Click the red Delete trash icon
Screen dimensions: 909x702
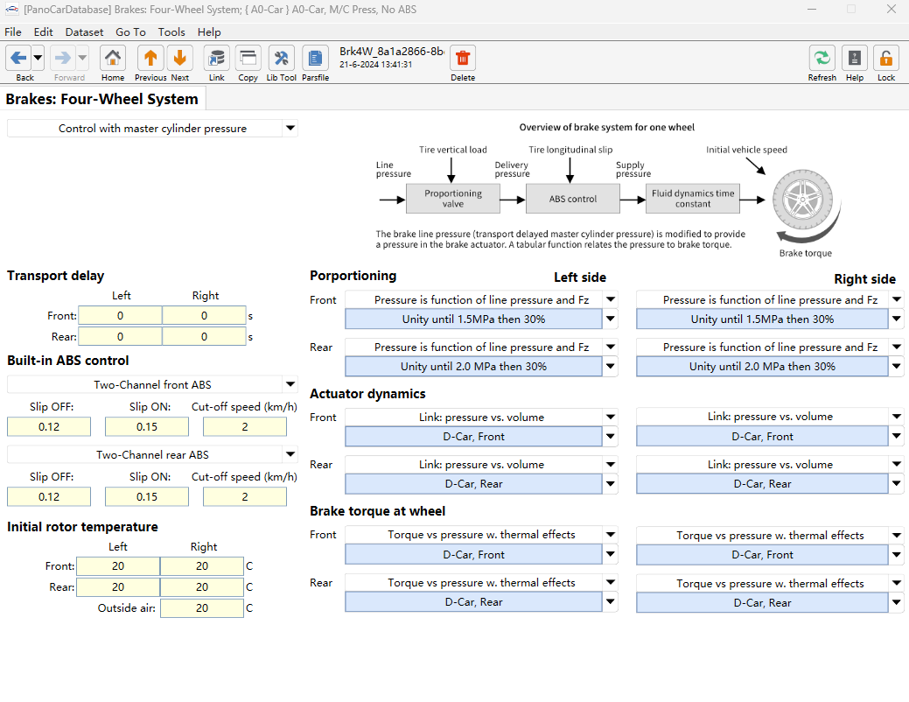(463, 58)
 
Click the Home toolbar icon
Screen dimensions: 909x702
(113, 58)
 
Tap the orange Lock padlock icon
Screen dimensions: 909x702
(885, 58)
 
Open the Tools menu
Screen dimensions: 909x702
(171, 32)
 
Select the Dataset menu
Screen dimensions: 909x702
(84, 32)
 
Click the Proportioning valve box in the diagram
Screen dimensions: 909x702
(453, 199)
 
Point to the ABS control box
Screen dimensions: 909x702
(573, 199)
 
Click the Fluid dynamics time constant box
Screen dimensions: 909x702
(693, 199)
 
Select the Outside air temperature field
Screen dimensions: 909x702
(202, 608)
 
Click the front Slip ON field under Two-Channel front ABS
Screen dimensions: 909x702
(147, 427)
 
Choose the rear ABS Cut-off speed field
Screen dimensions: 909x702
(245, 496)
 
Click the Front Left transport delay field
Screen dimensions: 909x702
(120, 316)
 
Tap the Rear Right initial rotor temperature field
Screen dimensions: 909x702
(202, 587)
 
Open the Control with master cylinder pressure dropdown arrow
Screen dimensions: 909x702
(290, 128)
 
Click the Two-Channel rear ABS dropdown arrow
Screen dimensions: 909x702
(290, 454)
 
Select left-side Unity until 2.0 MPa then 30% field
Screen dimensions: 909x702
(473, 367)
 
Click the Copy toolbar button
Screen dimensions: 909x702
(248, 63)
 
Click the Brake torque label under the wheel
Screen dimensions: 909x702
(805, 253)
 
